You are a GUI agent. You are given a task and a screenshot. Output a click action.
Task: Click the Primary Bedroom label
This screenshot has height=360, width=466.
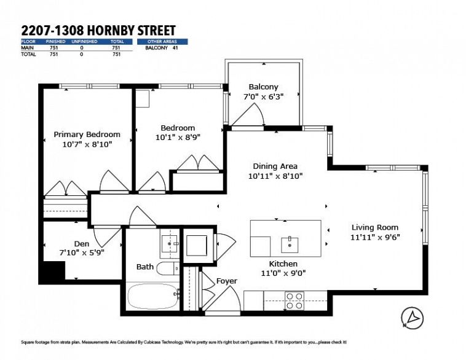(87, 135)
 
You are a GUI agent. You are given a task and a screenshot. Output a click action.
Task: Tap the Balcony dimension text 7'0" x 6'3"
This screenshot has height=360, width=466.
(263, 96)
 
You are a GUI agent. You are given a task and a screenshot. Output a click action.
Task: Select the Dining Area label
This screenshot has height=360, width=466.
(275, 166)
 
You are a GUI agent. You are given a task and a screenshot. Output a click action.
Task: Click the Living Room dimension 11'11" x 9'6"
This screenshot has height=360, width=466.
(375, 237)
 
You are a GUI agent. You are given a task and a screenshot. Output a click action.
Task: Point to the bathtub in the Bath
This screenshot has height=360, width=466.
(153, 297)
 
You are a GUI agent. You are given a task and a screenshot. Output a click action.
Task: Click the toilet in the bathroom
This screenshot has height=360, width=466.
(168, 269)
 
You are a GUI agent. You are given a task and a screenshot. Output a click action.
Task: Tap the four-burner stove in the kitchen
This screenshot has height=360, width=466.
(294, 300)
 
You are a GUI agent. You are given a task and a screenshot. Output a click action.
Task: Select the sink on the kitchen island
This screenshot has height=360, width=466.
(290, 245)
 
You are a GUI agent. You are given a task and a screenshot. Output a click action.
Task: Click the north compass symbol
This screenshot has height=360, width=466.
(413, 318)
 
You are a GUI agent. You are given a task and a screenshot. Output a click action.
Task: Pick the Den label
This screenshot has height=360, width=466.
(82, 244)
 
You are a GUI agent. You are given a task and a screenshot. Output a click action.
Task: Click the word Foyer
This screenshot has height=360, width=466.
(227, 281)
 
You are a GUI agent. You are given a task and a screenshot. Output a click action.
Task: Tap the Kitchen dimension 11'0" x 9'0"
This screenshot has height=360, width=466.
(283, 273)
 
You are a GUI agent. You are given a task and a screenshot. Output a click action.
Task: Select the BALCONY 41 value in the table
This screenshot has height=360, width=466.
(162, 47)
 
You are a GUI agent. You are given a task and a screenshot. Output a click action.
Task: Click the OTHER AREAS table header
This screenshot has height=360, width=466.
(162, 42)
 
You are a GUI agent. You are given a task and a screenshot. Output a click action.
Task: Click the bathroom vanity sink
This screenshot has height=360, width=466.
(170, 243)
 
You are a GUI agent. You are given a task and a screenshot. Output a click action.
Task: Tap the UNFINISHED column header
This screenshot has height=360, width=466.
(84, 42)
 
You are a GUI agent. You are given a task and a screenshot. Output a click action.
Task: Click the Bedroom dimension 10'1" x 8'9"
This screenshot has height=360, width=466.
(178, 138)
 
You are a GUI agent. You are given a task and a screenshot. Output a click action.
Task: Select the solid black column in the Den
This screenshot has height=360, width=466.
(54, 270)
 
